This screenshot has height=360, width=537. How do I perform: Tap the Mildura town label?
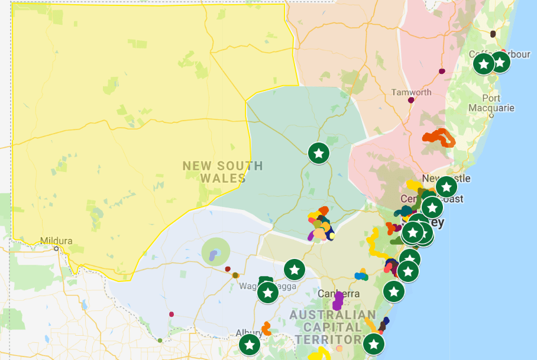pyautogui.click(x=56, y=241)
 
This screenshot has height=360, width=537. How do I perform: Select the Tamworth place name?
pyautogui.click(x=412, y=92)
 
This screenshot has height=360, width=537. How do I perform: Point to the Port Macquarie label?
pyautogui.click(x=491, y=103)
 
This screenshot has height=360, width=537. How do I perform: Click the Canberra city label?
pyautogui.click(x=339, y=293)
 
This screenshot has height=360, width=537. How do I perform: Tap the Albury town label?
pyautogui.click(x=249, y=332)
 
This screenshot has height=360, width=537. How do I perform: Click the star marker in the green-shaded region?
pyautogui.click(x=319, y=153)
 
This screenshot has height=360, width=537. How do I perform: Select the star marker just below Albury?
pyautogui.click(x=250, y=345)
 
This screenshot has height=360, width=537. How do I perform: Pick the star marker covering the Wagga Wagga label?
pyautogui.click(x=268, y=292)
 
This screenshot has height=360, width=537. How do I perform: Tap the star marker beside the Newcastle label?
pyautogui.click(x=447, y=187)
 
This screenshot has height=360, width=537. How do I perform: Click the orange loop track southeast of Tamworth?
pyautogui.click(x=439, y=137)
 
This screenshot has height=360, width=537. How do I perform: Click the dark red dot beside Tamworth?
pyautogui.click(x=411, y=100)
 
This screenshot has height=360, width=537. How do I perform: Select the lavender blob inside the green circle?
pyautogui.click(x=214, y=254)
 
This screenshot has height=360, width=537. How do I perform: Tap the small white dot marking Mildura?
pyautogui.click(x=57, y=248)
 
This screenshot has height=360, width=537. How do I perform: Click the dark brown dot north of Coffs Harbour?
pyautogui.click(x=493, y=34)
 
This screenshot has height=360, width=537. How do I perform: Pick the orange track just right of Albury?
pyautogui.click(x=267, y=329)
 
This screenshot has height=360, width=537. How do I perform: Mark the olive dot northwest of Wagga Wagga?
pyautogui.click(x=235, y=275)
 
